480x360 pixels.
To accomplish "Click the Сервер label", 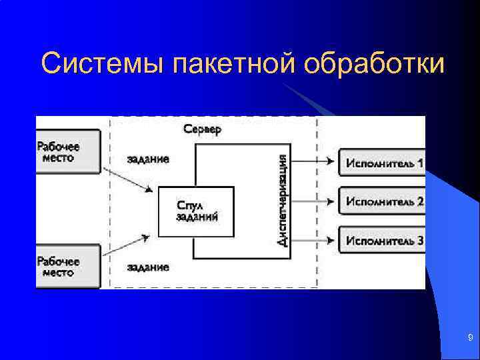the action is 203,129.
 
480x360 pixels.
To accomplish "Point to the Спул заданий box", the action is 196,211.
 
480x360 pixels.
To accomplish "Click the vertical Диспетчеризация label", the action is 283,200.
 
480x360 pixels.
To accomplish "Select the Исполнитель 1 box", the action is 383,162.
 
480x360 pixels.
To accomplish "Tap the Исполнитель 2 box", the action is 383,201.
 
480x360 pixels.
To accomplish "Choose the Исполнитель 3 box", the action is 383,240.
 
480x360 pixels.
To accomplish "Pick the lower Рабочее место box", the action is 67,266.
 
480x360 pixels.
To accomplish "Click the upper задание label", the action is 147,159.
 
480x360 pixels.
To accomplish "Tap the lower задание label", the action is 147,267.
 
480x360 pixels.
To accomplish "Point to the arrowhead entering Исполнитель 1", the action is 330,161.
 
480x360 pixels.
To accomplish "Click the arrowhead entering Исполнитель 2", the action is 330,201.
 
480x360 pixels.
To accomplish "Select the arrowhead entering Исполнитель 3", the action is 330,240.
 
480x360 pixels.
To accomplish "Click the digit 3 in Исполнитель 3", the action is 420,240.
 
